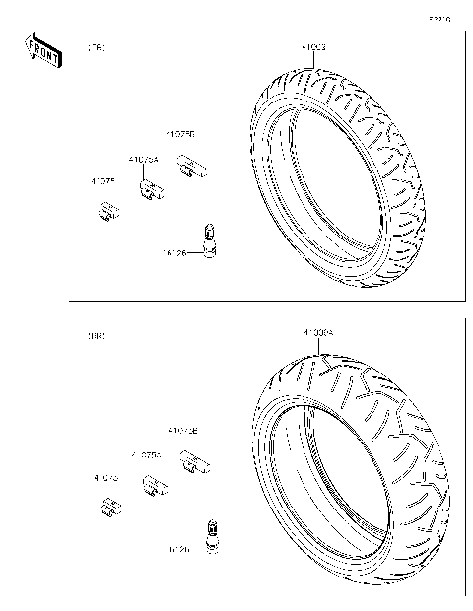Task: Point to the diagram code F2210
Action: pyautogui.click(x=439, y=18)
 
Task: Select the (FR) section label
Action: pyautogui.click(x=97, y=47)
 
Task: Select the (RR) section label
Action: pyautogui.click(x=97, y=335)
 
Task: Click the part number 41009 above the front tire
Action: pyautogui.click(x=313, y=46)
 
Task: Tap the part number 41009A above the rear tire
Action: pyautogui.click(x=319, y=334)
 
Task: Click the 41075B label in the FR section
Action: pyautogui.click(x=179, y=135)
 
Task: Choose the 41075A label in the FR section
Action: pyautogui.click(x=144, y=158)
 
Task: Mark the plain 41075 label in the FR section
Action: pyautogui.click(x=103, y=180)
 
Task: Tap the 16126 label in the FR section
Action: pyautogui.click(x=174, y=252)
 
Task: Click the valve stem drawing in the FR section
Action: pyautogui.click(x=208, y=241)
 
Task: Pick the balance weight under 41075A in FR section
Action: pyautogui.click(x=151, y=190)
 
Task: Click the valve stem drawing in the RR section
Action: pyautogui.click(x=209, y=532)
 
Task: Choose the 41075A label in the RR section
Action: pyautogui.click(x=146, y=455)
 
